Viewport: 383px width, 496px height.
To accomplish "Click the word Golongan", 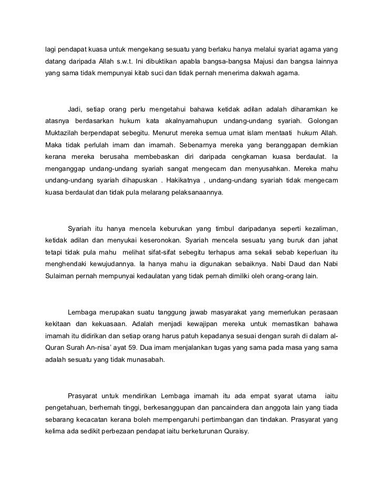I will click(320, 121).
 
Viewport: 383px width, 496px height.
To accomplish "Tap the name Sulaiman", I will click(58, 276).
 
